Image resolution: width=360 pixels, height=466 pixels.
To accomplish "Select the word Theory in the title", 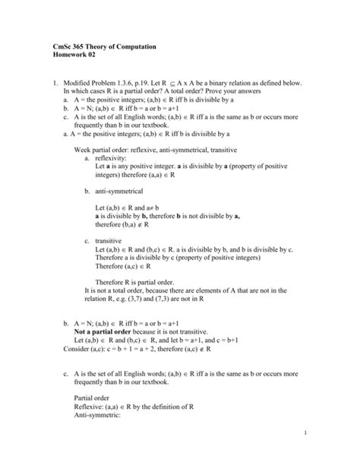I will pos(93,48).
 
